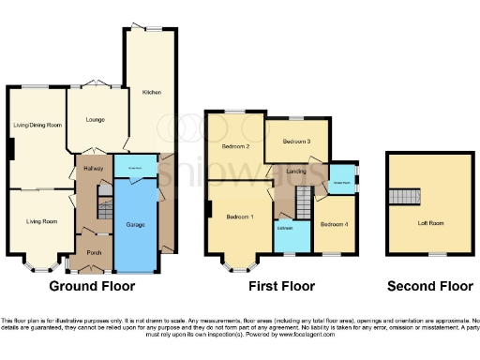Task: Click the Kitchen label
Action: tap(151, 93)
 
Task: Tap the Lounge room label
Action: tap(94, 120)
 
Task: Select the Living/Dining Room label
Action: tap(37, 125)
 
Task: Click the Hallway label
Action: tap(93, 168)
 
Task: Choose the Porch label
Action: tap(94, 253)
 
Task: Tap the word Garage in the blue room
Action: tap(136, 225)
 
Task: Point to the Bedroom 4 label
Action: tap(332, 224)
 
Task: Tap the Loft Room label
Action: tap(429, 224)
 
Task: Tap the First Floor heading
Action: tap(282, 286)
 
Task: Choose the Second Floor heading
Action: tap(429, 286)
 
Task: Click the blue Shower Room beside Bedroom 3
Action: tap(340, 176)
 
